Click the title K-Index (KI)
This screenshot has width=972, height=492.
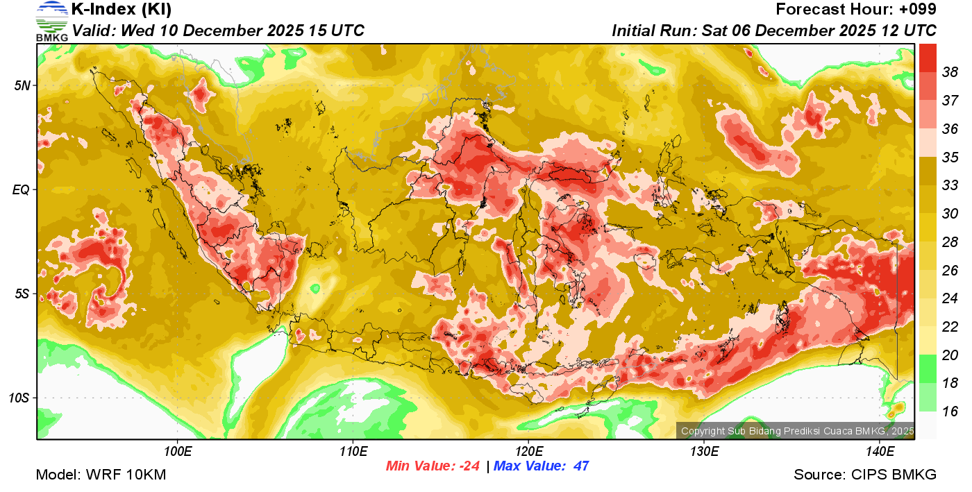(x=121, y=10)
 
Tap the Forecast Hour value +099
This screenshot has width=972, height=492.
(x=916, y=10)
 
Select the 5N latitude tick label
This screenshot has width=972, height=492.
(x=22, y=85)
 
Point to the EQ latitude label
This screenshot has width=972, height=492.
(x=22, y=189)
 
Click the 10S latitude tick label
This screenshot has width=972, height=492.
(x=19, y=398)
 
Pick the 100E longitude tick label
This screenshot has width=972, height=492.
(x=178, y=452)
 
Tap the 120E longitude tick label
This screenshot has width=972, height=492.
(x=528, y=452)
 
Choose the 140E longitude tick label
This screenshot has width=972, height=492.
(x=880, y=452)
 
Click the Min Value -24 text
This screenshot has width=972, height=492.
(x=433, y=466)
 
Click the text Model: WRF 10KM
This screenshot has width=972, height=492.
(x=101, y=475)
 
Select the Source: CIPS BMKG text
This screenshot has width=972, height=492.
(x=865, y=475)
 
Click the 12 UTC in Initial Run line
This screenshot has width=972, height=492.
(x=908, y=31)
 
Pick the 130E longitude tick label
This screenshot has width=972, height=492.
(x=704, y=452)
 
